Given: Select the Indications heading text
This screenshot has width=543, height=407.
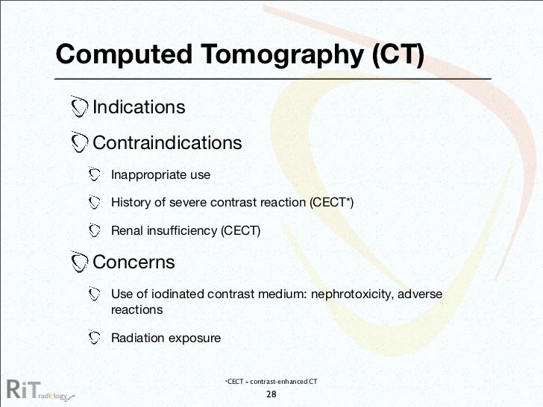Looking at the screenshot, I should (x=139, y=107).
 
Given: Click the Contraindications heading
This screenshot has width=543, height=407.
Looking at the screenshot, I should (x=167, y=142).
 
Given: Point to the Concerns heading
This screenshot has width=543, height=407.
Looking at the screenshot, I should (x=134, y=262).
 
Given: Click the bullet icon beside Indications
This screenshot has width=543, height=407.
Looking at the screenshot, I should (x=79, y=107).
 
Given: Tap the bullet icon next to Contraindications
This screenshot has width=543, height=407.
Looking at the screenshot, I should (x=79, y=142).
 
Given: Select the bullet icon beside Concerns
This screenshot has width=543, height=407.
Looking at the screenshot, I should (x=79, y=262).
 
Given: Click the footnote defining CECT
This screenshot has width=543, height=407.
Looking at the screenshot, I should (x=271, y=382).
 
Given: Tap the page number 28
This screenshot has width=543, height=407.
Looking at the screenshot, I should (x=271, y=394).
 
